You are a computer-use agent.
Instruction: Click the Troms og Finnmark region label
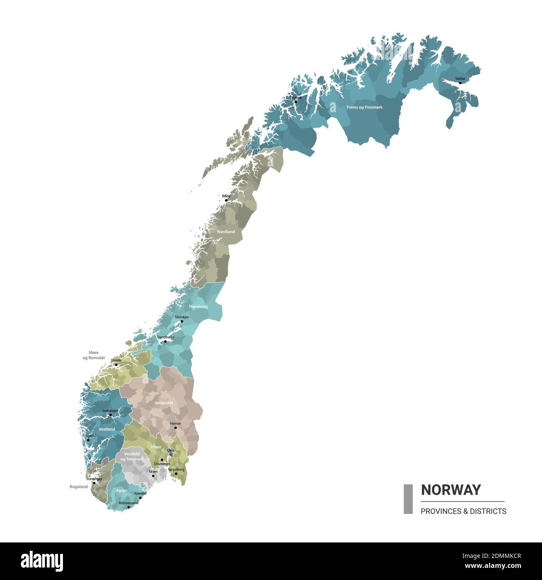pyautogui.click(x=364, y=107)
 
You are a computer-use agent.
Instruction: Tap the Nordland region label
pyautogui.click(x=226, y=232)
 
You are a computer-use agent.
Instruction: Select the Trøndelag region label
pyautogui.click(x=198, y=307)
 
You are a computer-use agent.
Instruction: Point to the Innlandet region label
pyautogui.click(x=164, y=403)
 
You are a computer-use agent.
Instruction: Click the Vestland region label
pyautogui.click(x=107, y=429)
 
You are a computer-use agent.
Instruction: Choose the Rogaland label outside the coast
pyautogui.click(x=79, y=487)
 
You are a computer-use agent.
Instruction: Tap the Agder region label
pyautogui.click(x=122, y=491)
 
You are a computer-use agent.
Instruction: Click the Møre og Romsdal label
pyautogui.click(x=93, y=355)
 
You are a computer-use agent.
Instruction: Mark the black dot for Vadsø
pyautogui.click(x=460, y=83)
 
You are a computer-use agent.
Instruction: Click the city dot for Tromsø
pyautogui.click(x=296, y=101)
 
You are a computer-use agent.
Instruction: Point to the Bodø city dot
pyautogui.click(x=226, y=200)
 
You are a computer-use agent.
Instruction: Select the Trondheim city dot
pyautogui.click(x=166, y=341)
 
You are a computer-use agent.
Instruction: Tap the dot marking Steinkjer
pyautogui.click(x=182, y=321)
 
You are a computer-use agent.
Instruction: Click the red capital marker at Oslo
pyautogui.click(x=171, y=454)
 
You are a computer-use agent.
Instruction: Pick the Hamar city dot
pyautogui.click(x=176, y=428)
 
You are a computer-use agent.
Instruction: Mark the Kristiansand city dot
pyautogui.click(x=129, y=507)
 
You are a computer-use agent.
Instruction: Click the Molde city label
pyautogui.click(x=116, y=360)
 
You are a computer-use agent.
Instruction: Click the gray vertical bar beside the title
pyautogui.click(x=408, y=499)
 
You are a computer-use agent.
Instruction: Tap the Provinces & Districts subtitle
pyautogui.click(x=463, y=511)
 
